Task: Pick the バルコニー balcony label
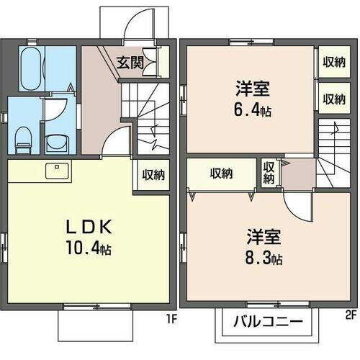267,321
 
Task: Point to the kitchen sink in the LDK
56,171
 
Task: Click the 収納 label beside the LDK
153,174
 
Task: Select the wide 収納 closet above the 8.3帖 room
222,173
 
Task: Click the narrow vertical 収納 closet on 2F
269,173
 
